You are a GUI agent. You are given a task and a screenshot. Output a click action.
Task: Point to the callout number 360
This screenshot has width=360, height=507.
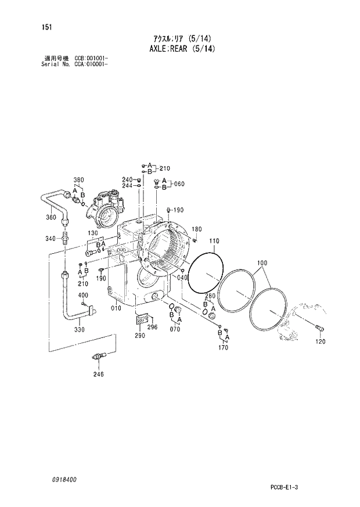(x=51, y=218)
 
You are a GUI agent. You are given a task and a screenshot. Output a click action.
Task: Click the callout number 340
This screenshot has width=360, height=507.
(x=51, y=239)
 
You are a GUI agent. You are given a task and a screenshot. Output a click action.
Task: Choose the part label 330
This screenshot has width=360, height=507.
(x=80, y=330)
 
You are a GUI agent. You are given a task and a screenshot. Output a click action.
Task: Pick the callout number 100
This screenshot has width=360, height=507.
(x=262, y=263)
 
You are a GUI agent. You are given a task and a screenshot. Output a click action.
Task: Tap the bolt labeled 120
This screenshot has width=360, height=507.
(x=318, y=329)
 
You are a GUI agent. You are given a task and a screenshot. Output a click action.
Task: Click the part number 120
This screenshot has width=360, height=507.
(x=320, y=342)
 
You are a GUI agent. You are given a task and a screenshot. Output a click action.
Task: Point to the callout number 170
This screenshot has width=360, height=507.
(x=223, y=348)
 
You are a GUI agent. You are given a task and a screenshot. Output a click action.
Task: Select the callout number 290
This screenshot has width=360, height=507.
(x=139, y=336)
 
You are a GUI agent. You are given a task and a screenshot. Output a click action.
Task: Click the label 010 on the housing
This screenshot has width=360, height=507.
(x=116, y=308)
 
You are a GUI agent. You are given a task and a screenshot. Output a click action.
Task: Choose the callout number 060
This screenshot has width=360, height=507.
(x=179, y=184)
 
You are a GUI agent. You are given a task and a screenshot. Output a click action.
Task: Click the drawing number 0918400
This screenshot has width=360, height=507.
(x=63, y=480)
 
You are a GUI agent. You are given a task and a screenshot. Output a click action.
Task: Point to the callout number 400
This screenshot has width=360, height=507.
(x=83, y=296)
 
